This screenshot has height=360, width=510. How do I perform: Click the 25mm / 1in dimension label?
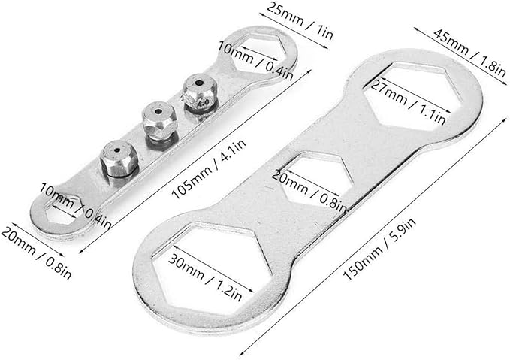300,21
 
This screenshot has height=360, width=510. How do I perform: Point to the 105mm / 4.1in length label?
209,170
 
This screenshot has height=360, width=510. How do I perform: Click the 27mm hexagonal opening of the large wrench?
412,95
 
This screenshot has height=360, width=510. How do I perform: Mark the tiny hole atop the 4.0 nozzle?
198,83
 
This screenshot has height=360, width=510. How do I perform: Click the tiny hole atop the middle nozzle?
158,112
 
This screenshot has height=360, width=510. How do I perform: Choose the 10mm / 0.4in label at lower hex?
76,206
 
